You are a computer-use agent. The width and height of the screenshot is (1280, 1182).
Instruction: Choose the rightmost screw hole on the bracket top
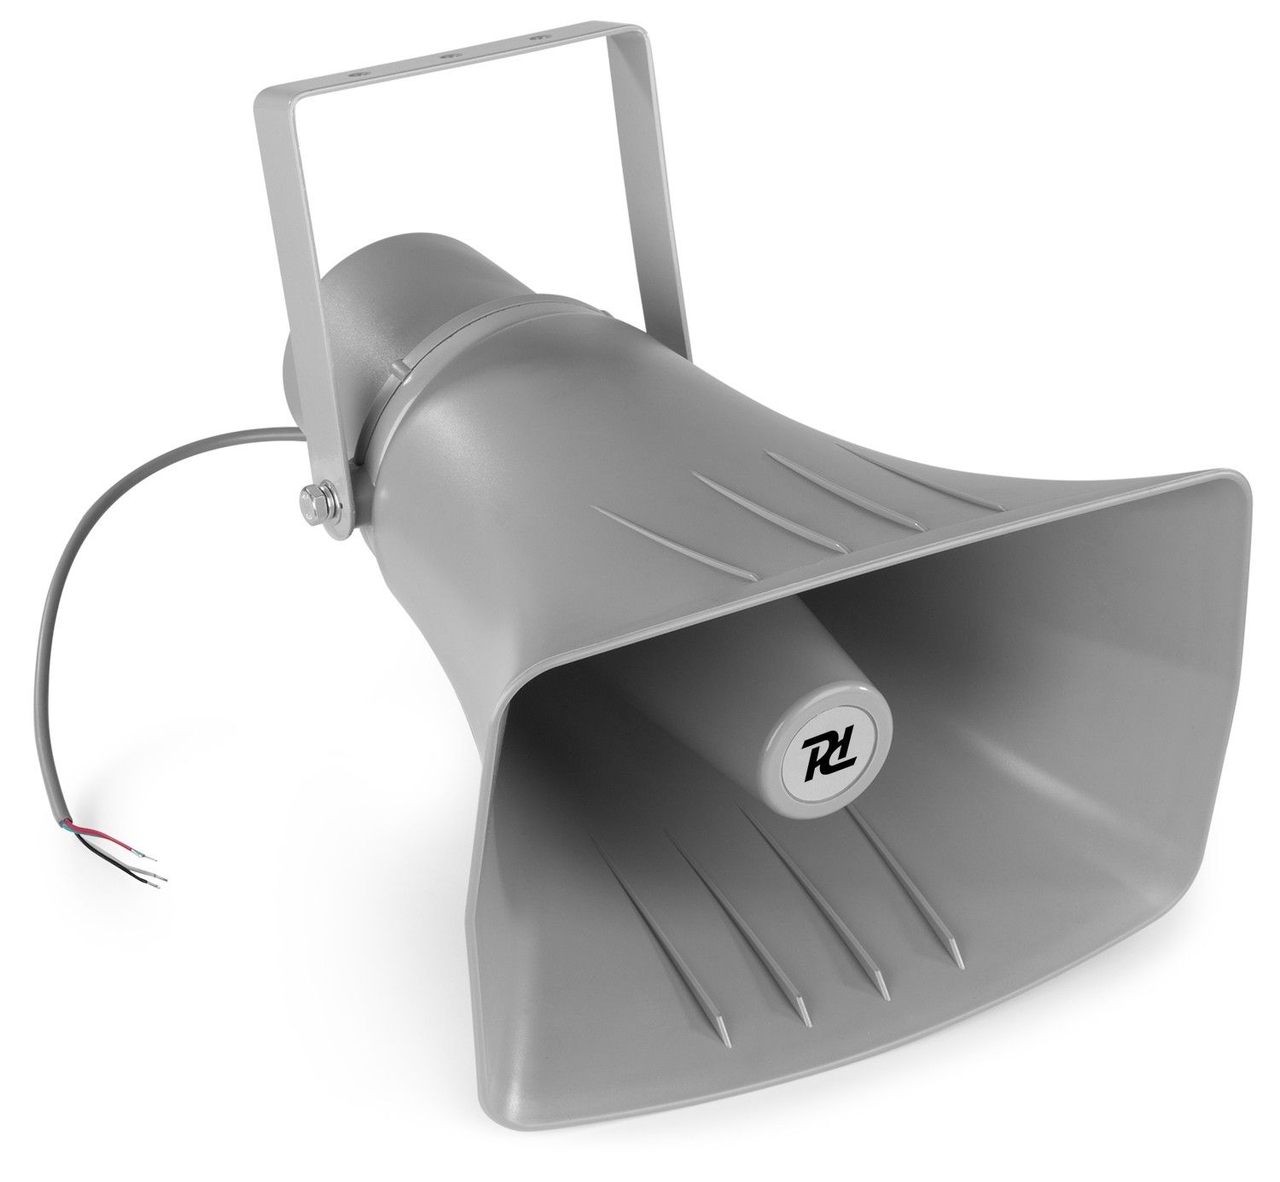click(536, 38)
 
